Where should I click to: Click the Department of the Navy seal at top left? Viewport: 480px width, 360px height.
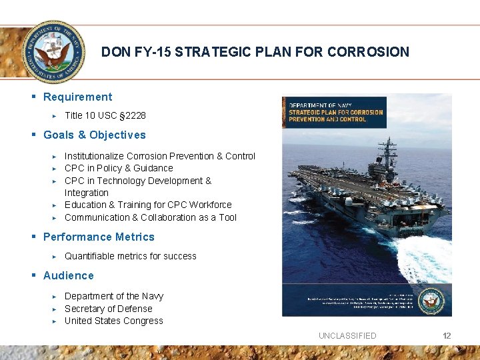53,52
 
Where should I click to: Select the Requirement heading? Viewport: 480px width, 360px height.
77,97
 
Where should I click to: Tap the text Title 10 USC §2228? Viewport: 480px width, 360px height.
105,116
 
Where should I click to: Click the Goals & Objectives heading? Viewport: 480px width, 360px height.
94,135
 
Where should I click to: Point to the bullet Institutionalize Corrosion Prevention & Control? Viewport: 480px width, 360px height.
159,156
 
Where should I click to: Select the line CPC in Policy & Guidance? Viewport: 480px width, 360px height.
119,169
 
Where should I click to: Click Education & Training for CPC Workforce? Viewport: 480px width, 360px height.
148,205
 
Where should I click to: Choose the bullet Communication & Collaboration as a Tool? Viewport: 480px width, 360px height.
150,218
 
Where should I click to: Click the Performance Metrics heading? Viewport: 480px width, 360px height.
99,237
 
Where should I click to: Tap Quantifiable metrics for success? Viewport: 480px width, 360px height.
130,257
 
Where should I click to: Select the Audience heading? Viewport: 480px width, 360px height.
68,276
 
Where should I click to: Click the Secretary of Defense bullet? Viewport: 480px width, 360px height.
108,309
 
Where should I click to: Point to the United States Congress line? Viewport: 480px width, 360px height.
113,321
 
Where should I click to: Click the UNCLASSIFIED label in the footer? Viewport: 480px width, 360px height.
347,336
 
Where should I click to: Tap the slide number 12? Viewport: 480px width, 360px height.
447,336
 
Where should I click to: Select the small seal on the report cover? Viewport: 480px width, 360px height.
433,299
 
